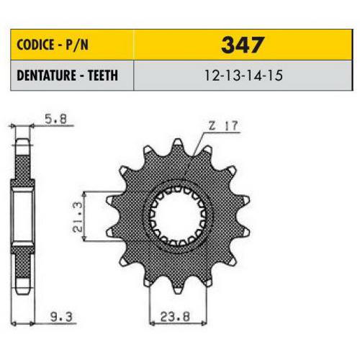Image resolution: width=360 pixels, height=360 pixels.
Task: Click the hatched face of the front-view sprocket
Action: (x=216, y=238)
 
